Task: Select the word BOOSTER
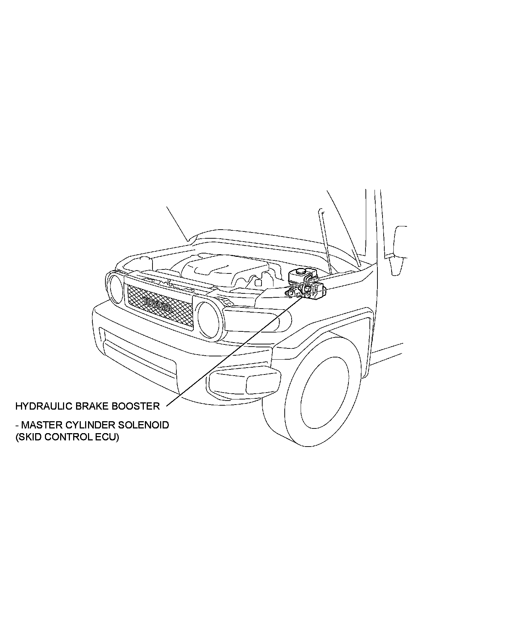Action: (x=135, y=406)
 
